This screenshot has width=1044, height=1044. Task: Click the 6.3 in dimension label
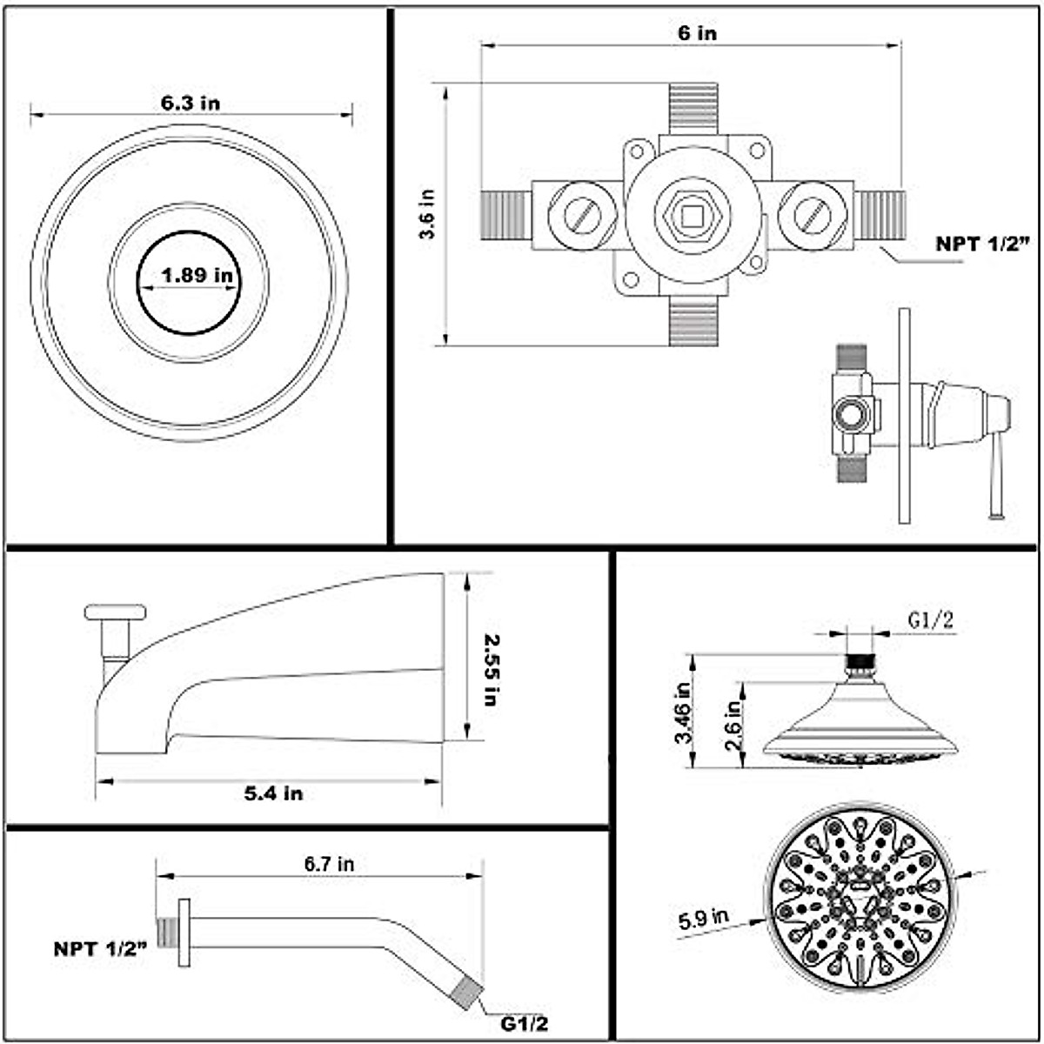(190, 103)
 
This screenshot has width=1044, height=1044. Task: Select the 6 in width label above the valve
(697, 33)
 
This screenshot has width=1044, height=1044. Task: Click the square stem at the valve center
(692, 215)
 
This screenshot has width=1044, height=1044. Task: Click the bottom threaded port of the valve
(693, 320)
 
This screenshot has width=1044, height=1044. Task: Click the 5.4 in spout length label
(273, 793)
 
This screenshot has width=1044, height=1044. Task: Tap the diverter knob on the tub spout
(115, 612)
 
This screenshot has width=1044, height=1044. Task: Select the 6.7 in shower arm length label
(329, 864)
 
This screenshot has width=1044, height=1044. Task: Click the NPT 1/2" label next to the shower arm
(100, 948)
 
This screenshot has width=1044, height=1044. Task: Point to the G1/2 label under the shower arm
(525, 1024)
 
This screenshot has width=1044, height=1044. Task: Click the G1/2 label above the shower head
(931, 620)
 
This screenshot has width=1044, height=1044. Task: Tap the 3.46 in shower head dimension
(684, 711)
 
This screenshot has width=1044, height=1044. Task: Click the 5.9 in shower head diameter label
(704, 919)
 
